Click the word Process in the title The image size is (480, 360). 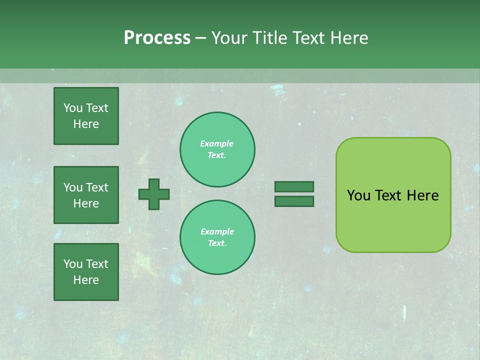pos(157,38)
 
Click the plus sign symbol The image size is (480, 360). pos(154,194)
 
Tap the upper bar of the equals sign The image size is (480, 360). pos(294,186)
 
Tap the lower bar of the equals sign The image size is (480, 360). pos(294,201)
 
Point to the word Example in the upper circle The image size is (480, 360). pos(216,143)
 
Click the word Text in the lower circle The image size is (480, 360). pos(216,243)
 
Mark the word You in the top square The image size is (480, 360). pos(73,108)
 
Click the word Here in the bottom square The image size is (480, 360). pos(86,280)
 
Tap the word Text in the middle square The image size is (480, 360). pos(96,187)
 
